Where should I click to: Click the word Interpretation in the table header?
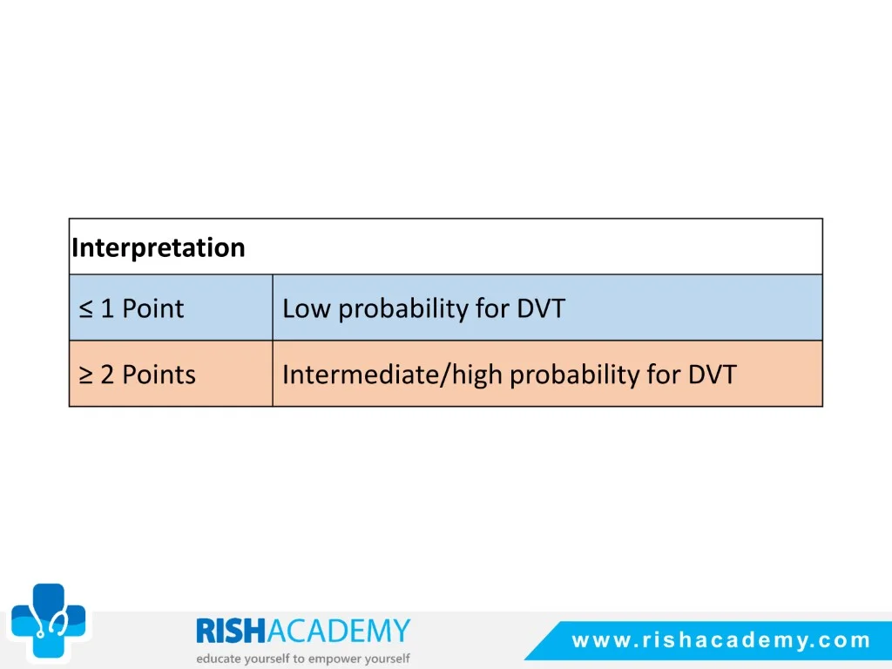tap(159, 248)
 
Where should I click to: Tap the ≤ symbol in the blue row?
tap(86, 309)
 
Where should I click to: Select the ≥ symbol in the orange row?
tap(86, 375)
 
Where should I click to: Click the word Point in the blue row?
tap(153, 308)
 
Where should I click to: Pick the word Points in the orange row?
tap(159, 375)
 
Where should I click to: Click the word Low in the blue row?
tap(306, 308)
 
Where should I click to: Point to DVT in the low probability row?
tap(541, 308)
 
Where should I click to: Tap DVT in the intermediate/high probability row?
tap(713, 375)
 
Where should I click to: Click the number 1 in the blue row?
tap(107, 308)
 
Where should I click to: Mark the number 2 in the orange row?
tap(107, 375)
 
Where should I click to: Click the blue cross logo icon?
tap(49, 620)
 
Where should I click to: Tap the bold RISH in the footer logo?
tap(231, 631)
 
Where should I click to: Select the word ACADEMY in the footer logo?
tap(339, 631)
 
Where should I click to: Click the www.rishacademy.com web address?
tap(721, 640)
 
